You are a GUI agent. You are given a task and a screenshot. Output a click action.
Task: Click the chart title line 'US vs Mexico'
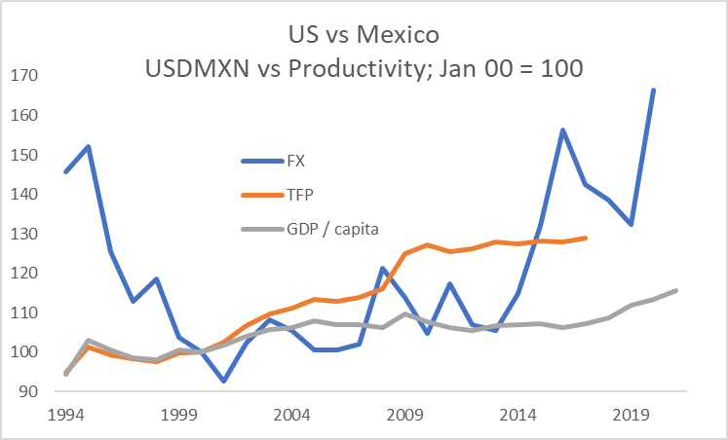(x=364, y=36)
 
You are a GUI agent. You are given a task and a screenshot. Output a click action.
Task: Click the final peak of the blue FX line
(x=653, y=90)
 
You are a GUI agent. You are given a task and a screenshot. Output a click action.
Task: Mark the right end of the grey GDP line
(x=675, y=290)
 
